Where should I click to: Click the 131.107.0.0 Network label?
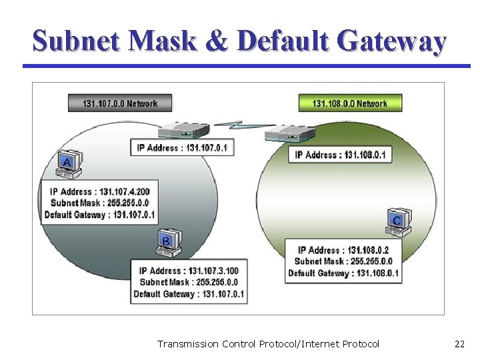click(120, 103)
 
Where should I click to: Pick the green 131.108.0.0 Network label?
click(350, 103)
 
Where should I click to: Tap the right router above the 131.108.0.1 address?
click(289, 134)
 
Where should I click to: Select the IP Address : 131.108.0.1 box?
click(340, 155)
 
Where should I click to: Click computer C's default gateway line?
click(343, 273)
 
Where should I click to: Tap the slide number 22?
click(459, 344)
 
